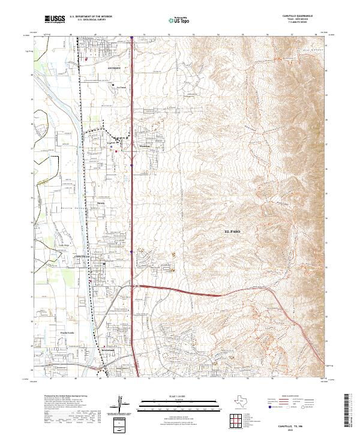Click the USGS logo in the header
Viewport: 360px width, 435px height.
[55, 20]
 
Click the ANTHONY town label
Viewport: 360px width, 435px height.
[114, 68]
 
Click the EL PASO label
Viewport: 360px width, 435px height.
[235, 231]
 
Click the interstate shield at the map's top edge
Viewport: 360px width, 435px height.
[132, 38]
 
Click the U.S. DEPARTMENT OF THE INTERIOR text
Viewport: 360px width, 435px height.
[91, 17]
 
